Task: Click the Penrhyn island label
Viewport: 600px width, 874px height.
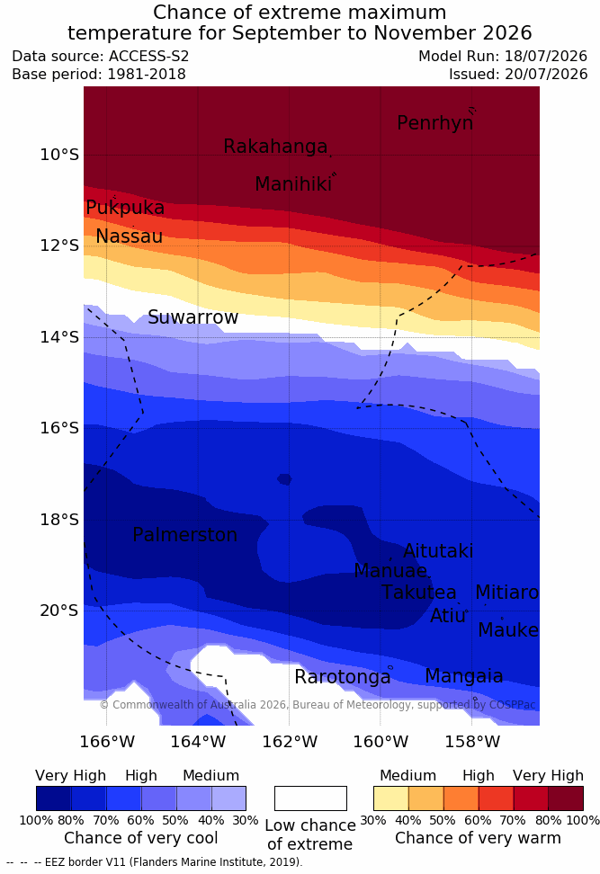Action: [435, 123]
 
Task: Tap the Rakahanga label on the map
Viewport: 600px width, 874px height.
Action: [275, 147]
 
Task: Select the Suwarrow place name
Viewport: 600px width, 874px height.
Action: [193, 317]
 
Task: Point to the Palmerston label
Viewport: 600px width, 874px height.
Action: [185, 535]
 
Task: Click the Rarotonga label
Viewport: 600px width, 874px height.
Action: [343, 677]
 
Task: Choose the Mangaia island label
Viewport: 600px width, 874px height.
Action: [464, 676]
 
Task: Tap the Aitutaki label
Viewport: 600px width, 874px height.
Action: [438, 551]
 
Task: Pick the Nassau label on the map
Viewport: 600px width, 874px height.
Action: [130, 236]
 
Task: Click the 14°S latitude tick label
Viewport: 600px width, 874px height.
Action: [59, 337]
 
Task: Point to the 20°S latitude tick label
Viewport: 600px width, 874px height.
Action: [59, 611]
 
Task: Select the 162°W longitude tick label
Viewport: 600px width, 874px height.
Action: [290, 743]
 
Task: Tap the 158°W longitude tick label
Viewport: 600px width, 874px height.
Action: [471, 743]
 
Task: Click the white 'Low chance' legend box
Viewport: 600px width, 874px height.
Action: [310, 798]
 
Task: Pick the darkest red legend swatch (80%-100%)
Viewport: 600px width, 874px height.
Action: [566, 798]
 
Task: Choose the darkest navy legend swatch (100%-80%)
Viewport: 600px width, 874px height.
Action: [54, 798]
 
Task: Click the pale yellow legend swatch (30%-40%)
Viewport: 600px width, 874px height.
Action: [391, 798]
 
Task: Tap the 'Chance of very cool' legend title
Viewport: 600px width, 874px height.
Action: [141, 838]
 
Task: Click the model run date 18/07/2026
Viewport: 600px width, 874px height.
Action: [546, 57]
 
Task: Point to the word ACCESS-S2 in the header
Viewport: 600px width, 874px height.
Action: [149, 57]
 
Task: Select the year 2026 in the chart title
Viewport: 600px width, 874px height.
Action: [507, 33]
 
